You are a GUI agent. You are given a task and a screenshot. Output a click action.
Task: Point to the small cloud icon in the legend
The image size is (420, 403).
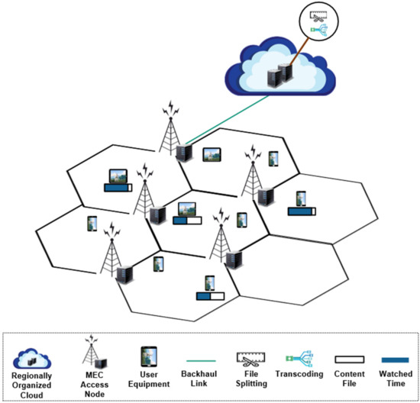(x=37, y=354)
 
